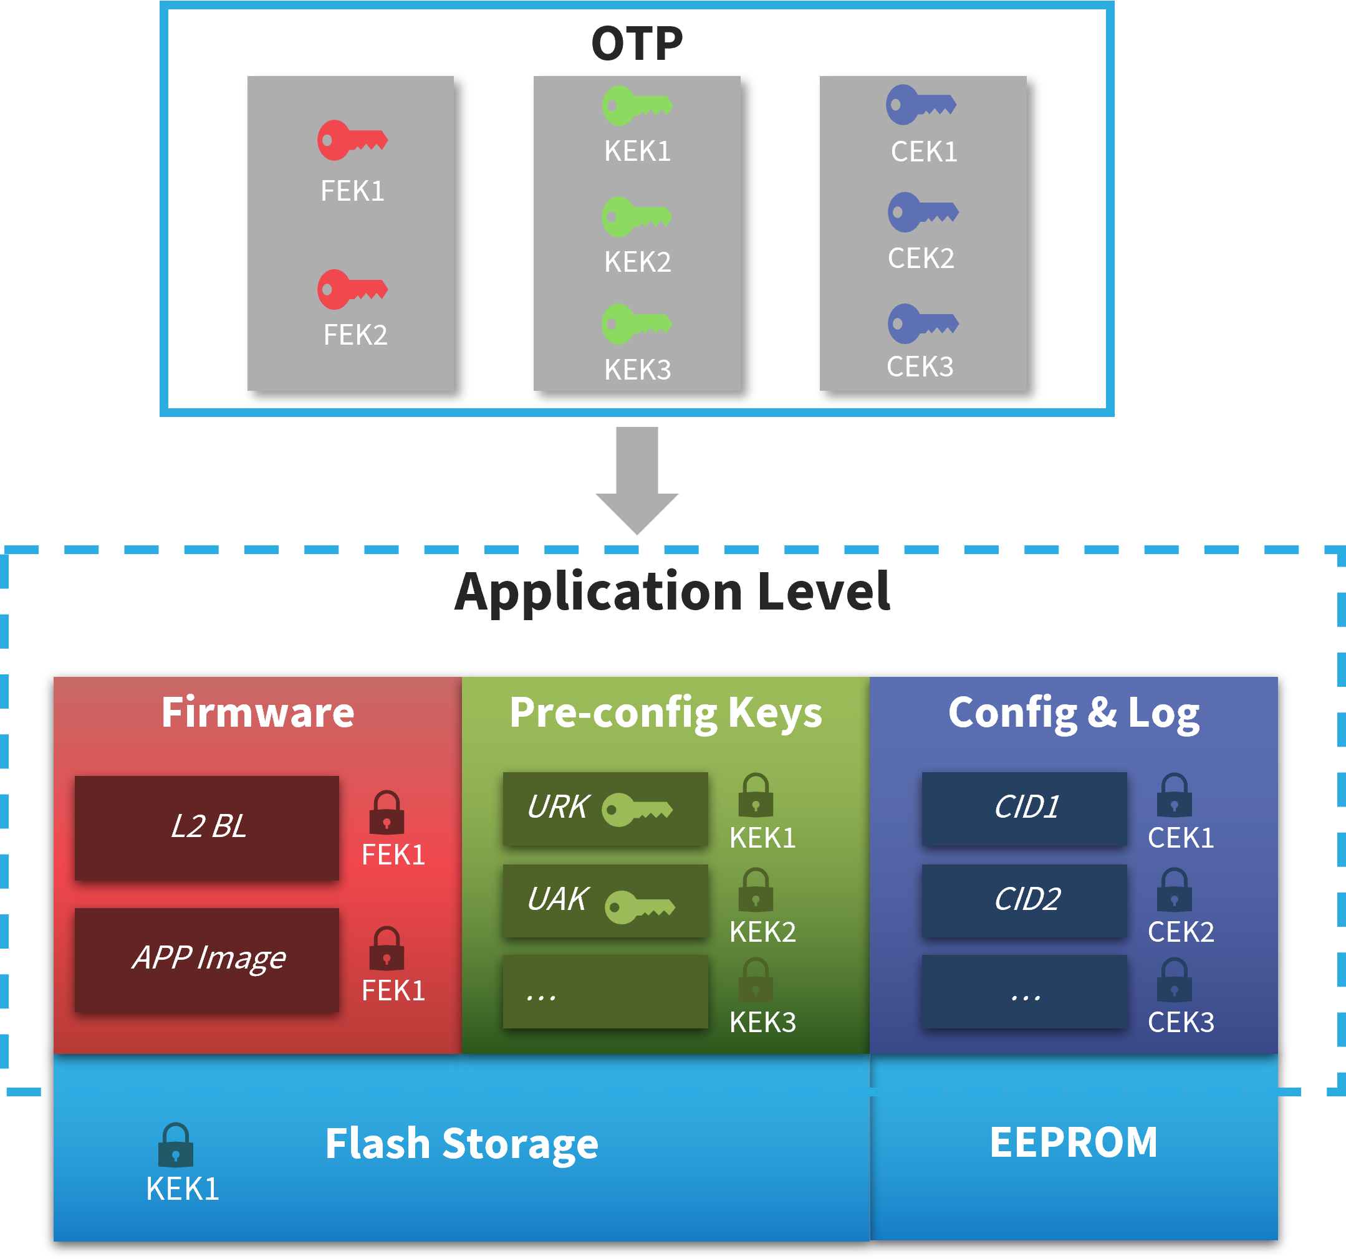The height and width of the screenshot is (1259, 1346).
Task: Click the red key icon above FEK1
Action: point(352,141)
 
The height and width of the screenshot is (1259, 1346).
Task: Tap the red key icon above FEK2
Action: point(352,290)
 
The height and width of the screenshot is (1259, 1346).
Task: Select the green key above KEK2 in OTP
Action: point(637,218)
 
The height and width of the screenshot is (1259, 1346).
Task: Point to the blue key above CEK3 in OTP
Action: point(922,323)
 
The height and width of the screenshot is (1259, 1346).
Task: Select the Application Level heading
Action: point(672,591)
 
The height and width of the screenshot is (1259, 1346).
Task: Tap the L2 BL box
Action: point(206,827)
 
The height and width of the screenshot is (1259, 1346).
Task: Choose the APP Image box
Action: point(206,959)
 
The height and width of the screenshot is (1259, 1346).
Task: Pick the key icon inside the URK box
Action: point(637,810)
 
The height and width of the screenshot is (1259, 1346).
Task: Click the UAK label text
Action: point(558,899)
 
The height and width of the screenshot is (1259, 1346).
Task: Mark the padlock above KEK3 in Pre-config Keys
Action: point(756,979)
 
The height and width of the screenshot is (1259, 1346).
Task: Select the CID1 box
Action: point(1024,808)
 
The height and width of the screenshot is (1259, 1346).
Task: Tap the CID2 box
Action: point(1024,900)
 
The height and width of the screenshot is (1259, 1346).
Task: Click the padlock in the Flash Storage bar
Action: point(175,1146)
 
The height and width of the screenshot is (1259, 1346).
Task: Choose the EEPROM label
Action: point(1073,1142)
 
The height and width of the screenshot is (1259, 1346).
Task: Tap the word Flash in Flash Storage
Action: point(377,1144)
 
